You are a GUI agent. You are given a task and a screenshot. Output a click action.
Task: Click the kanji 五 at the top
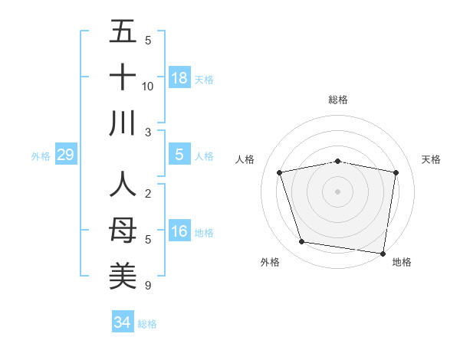pyautogui.click(x=123, y=32)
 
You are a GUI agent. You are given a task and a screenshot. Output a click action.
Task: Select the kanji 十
pyautogui.click(x=123, y=78)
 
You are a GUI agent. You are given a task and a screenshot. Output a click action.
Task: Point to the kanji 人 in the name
pyautogui.click(x=123, y=186)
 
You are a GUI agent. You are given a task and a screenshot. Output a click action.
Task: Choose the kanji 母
pyautogui.click(x=123, y=231)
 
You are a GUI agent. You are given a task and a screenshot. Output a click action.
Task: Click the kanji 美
pyautogui.click(x=123, y=277)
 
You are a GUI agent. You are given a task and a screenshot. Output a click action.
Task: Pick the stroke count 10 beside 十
pyautogui.click(x=148, y=86)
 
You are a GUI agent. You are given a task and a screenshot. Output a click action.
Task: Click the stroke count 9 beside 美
pyautogui.click(x=148, y=286)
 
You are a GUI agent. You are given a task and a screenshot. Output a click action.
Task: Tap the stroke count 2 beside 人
pyautogui.click(x=148, y=195)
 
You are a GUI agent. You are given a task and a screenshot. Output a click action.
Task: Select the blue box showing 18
pyautogui.click(x=179, y=78)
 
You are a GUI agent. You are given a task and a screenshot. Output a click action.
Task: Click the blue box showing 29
pyautogui.click(x=65, y=155)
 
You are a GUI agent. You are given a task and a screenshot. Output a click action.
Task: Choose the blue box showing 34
pyautogui.click(x=122, y=322)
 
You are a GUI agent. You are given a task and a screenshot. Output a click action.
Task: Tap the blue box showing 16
pyautogui.click(x=179, y=231)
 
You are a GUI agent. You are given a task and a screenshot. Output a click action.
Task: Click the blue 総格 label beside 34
pyautogui.click(x=147, y=324)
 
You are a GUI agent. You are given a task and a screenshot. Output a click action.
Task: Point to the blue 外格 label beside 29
pyautogui.click(x=41, y=156)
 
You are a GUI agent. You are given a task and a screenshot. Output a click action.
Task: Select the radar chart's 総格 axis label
pyautogui.click(x=338, y=100)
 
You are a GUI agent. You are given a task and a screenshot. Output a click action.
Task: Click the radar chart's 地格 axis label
pyautogui.click(x=402, y=262)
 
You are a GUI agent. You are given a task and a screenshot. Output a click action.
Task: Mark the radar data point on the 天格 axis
pyautogui.click(x=396, y=172)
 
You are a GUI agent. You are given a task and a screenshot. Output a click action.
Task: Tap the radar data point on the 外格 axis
pyautogui.click(x=302, y=242)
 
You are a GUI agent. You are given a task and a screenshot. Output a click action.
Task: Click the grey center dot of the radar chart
pyautogui.click(x=338, y=191)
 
